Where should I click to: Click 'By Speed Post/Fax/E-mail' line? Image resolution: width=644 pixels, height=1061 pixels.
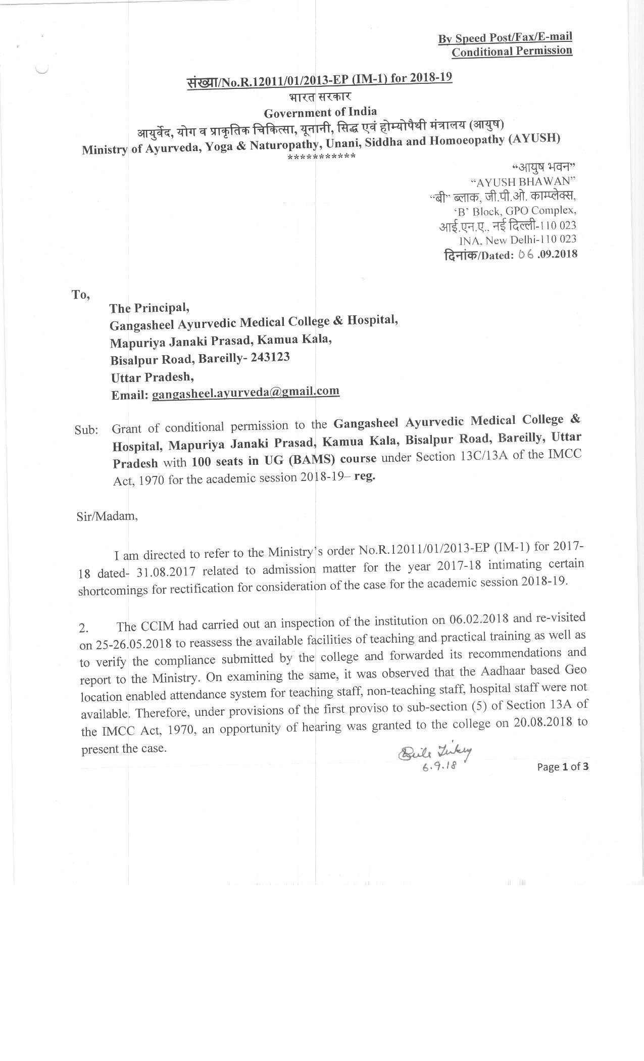click(x=505, y=38)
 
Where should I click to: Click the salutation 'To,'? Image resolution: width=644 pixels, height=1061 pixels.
click(x=81, y=295)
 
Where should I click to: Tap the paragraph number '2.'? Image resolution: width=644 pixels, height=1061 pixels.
click(x=84, y=629)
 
